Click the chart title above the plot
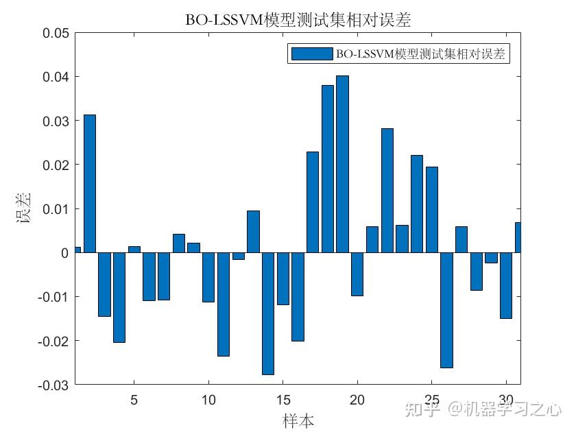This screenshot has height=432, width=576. (298, 20)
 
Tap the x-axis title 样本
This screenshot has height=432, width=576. (298, 420)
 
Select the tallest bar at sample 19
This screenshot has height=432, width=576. (342, 164)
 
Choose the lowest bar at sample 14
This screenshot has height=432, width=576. (268, 313)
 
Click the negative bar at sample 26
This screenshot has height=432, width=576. (446, 310)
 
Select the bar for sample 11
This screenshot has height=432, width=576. (224, 304)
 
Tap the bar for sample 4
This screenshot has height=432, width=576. (119, 297)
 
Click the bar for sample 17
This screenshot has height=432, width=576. (313, 202)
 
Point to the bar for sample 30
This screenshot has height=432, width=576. (505, 285)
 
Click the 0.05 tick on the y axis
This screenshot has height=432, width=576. (56, 33)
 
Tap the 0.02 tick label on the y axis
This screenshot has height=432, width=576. (56, 165)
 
